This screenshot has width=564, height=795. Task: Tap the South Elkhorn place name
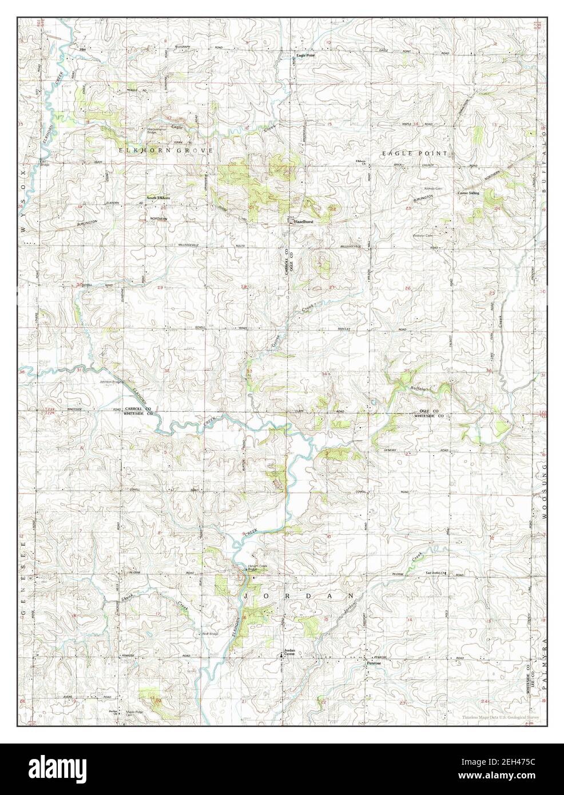click(158, 198)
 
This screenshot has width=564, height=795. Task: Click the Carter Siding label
click(467, 193)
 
